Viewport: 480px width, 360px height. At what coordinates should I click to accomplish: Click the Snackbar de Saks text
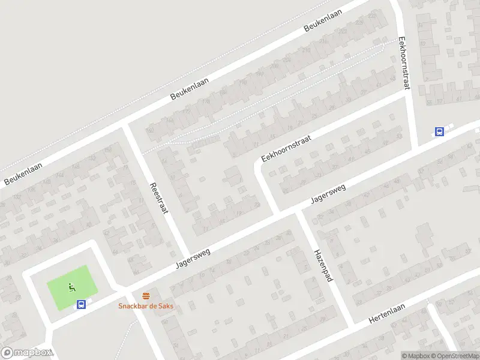tap(145, 305)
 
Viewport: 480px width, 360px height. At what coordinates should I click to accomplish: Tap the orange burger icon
tap(146, 296)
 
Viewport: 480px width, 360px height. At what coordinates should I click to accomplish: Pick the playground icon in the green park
tap(72, 287)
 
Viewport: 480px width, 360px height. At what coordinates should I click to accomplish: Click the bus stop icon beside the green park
tap(81, 304)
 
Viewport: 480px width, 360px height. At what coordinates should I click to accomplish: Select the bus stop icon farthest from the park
tap(440, 133)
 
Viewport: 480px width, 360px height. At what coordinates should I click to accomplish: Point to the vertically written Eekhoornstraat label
tap(404, 64)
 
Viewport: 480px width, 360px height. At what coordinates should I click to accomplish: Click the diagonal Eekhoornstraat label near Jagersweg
tap(286, 148)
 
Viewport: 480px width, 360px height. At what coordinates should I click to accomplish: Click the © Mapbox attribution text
tap(415, 355)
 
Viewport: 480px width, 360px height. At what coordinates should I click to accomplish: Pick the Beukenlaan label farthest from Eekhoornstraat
tap(21, 172)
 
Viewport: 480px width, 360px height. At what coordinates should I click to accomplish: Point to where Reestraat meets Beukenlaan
tap(127, 124)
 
